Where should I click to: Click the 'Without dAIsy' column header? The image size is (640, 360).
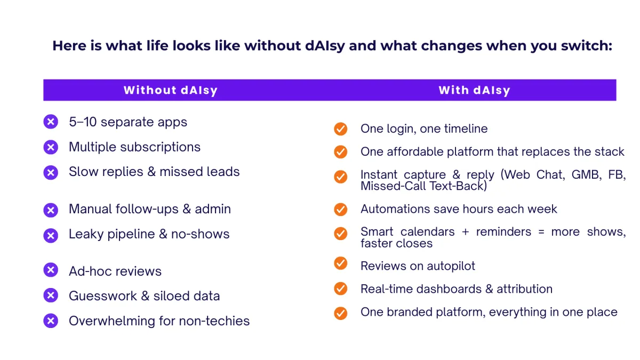[x=171, y=90]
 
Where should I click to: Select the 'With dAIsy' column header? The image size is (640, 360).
[x=474, y=90]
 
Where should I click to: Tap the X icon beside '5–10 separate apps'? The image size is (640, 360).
[x=51, y=122]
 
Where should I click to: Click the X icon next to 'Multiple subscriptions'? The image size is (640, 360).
[x=51, y=147]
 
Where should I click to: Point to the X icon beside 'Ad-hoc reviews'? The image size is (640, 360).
[x=51, y=270]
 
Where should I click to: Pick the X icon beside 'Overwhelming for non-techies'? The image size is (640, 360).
[x=51, y=321]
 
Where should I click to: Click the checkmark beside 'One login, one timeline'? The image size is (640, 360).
[x=341, y=129]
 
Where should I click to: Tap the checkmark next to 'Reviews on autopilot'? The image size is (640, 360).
[x=341, y=263]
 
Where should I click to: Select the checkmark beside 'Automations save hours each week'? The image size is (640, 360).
[x=341, y=210]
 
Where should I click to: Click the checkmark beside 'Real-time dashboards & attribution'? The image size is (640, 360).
[x=341, y=289]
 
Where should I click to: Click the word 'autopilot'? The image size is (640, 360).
[x=451, y=266]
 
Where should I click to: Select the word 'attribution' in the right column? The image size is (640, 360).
[x=525, y=289]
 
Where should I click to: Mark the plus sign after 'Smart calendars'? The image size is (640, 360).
[x=466, y=232]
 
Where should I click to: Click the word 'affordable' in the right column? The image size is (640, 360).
[x=415, y=151]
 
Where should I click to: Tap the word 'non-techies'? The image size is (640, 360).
[x=214, y=321]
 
